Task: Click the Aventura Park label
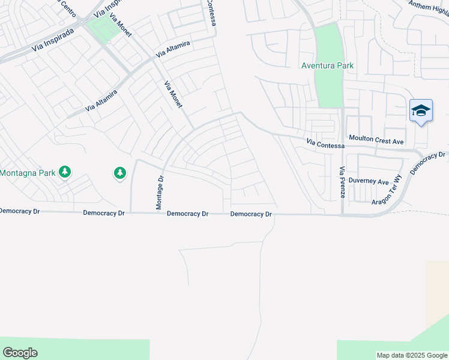(327, 65)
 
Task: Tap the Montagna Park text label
(27, 173)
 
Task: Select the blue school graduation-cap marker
(421, 111)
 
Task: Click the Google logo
(20, 353)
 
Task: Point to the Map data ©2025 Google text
(412, 355)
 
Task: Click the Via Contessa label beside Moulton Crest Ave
(325, 144)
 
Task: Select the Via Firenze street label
(342, 182)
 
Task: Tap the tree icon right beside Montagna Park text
(65, 173)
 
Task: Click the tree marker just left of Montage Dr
(120, 173)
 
